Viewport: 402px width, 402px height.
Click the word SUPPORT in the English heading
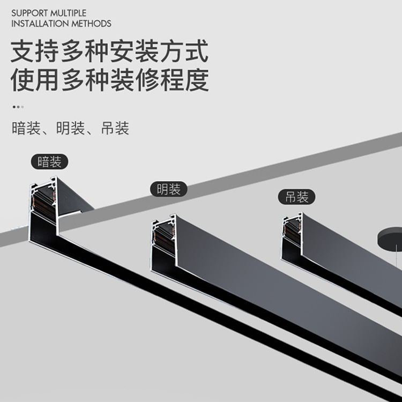click(29, 13)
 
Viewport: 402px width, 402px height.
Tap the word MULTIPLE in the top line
click(68, 13)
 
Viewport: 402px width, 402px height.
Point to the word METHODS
click(91, 24)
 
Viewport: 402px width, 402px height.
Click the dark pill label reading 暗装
click(49, 162)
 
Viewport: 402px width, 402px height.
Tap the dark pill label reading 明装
click(169, 189)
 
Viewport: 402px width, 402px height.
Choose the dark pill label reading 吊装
click(296, 197)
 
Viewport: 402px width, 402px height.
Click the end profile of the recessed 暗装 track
click(43, 210)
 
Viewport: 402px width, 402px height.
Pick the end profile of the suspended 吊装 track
click(292, 236)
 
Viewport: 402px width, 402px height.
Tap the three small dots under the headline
click(18, 107)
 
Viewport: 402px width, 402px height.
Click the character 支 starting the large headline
click(23, 51)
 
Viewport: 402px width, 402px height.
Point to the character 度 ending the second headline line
click(197, 80)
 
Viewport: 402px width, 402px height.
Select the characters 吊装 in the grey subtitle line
click(115, 128)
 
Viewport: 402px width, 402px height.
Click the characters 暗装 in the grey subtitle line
click(26, 128)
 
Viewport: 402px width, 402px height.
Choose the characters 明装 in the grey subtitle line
click(71, 128)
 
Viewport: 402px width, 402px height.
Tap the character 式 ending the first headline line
click(197, 51)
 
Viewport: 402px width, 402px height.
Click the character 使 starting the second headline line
click(23, 80)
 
